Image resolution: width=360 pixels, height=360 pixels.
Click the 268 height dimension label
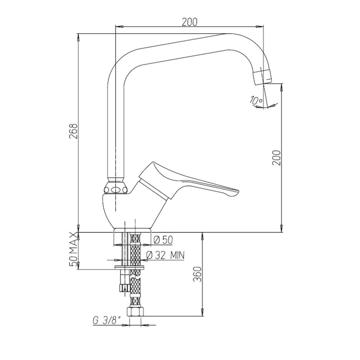pos(74,131)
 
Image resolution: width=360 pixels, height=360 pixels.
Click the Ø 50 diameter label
pos(163,240)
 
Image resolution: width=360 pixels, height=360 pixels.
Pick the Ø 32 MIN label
pos(165,255)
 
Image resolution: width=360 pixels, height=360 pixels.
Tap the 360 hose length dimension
pos(197,274)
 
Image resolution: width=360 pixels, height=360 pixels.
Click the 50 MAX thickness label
pos(74,249)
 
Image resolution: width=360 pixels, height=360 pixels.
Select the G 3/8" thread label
pos(107,321)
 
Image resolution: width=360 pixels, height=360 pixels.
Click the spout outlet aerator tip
pos(262,77)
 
